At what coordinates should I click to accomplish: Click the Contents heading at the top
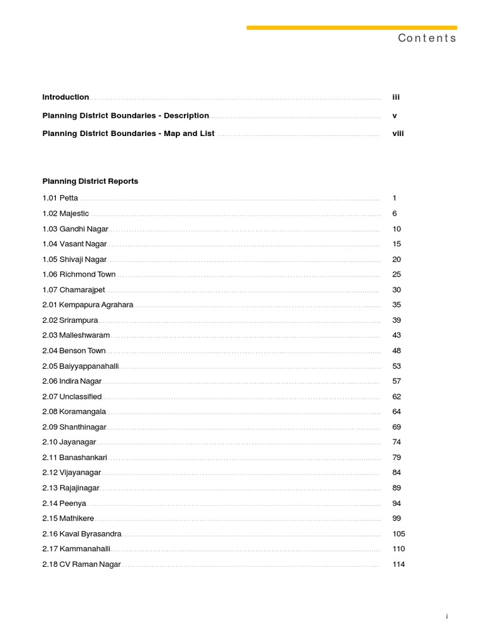(427, 38)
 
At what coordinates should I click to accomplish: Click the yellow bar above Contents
(351, 28)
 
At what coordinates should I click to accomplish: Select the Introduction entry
(66, 97)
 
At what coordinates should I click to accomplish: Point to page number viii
(398, 134)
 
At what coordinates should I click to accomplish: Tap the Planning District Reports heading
(90, 181)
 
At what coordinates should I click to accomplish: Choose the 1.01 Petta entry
(60, 198)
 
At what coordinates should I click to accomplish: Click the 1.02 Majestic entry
(66, 214)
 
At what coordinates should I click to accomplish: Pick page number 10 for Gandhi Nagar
(397, 229)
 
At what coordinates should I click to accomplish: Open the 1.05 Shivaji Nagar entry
(75, 260)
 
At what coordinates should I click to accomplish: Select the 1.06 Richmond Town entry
(79, 275)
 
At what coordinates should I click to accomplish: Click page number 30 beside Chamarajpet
(397, 290)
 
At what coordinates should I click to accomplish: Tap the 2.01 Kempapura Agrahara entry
(88, 305)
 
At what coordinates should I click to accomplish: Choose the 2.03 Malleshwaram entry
(76, 335)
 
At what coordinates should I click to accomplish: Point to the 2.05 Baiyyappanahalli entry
(81, 366)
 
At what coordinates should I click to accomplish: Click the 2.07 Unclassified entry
(72, 397)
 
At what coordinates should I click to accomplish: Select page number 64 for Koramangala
(397, 412)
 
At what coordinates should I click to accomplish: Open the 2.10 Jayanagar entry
(69, 442)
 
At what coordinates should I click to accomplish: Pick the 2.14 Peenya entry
(64, 503)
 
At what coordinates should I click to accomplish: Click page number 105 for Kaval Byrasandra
(399, 534)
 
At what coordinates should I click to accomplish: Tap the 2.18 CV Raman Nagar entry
(82, 564)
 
